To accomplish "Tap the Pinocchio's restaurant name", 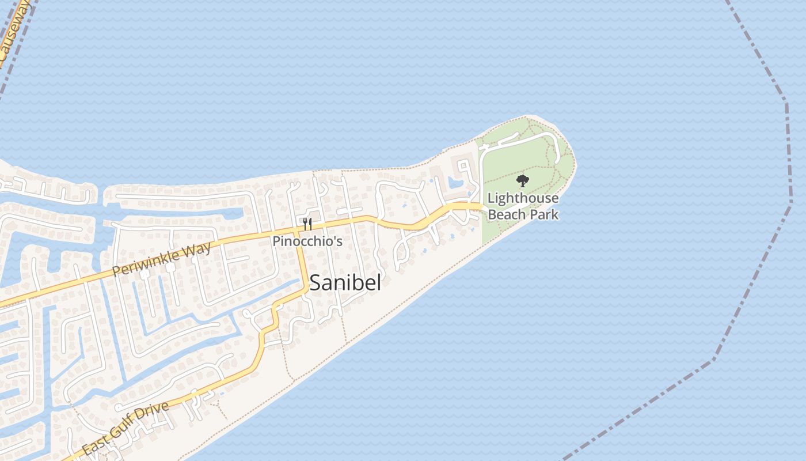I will coord(307,241).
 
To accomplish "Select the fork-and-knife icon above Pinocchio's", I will coord(307,224).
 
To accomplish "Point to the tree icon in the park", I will coord(523,182).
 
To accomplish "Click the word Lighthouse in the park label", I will coord(523,199).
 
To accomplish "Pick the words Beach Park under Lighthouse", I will coord(523,214).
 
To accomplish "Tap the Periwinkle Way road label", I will coord(162,260).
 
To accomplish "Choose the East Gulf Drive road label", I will coord(126,428).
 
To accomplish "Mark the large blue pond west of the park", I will coord(456,183).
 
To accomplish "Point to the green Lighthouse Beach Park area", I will coord(518,156).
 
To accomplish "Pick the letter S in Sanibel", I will coord(315,283).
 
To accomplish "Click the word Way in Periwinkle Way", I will coord(196,251).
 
